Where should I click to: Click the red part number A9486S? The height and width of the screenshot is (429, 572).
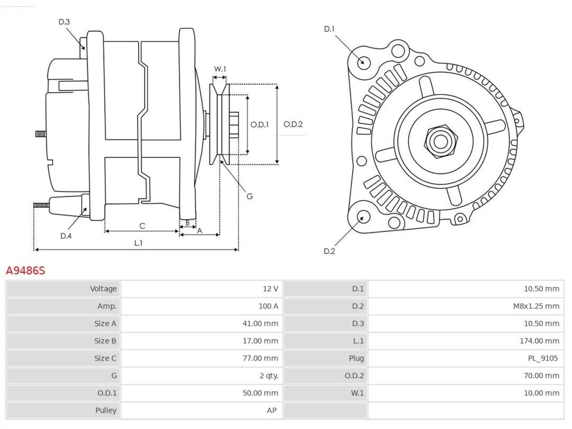click(25, 271)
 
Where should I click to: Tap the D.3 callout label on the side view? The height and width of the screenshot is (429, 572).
click(64, 22)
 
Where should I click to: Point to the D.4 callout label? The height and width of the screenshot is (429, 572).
click(66, 236)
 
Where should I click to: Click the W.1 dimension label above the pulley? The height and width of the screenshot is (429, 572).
click(220, 69)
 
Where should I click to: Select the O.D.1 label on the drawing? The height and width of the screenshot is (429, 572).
click(259, 125)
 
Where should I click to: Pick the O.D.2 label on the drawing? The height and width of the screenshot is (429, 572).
click(293, 124)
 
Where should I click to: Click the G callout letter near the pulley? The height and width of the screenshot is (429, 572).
click(249, 196)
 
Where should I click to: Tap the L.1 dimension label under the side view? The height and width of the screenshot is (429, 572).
click(138, 243)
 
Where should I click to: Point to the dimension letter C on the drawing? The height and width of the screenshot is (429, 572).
click(142, 226)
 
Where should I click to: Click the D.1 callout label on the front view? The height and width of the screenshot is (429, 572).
click(329, 29)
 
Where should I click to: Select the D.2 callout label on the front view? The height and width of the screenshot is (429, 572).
click(329, 251)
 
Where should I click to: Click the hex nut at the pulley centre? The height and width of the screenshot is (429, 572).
click(441, 142)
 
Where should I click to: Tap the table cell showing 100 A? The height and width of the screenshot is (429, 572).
click(268, 306)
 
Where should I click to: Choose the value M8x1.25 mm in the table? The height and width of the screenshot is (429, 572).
click(536, 306)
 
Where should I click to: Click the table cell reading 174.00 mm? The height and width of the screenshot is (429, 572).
click(539, 341)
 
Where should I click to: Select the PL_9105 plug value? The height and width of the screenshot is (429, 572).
click(543, 358)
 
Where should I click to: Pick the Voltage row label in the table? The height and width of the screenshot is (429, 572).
click(103, 289)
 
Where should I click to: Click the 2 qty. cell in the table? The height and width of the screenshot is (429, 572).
click(269, 376)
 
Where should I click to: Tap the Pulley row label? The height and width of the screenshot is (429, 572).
click(106, 411)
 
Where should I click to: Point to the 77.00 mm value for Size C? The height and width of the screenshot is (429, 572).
click(261, 358)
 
